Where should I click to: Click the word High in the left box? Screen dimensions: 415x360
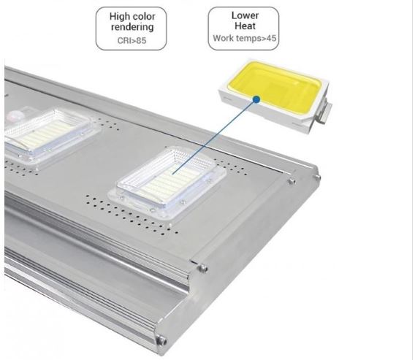click(x=119, y=17)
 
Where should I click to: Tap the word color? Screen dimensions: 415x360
click(x=143, y=16)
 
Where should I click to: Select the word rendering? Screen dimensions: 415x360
click(x=132, y=27)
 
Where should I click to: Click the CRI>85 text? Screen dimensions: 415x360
click(x=132, y=40)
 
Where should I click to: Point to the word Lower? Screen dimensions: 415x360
click(x=245, y=15)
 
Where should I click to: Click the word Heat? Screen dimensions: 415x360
click(x=245, y=26)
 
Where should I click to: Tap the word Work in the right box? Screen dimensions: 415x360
click(x=223, y=38)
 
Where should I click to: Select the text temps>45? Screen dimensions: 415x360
click(x=256, y=39)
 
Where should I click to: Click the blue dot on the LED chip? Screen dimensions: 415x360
click(x=256, y=99)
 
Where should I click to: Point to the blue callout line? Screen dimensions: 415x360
click(x=215, y=137)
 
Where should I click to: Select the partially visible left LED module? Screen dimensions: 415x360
click(x=47, y=135)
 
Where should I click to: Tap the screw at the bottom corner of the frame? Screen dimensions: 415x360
click(x=161, y=340)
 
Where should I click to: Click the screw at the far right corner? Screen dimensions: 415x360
click(x=316, y=176)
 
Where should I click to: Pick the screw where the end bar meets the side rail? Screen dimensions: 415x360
click(x=202, y=268)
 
